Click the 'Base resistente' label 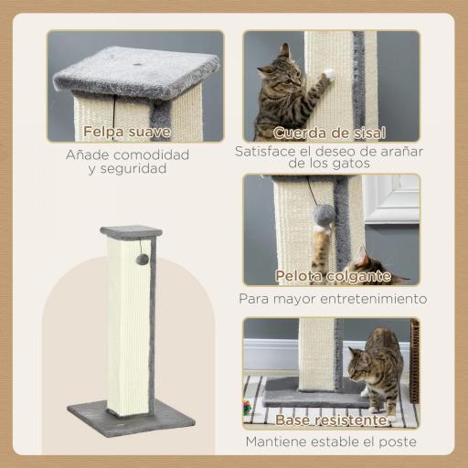(x=330, y=420)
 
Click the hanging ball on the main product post (x=143, y=260)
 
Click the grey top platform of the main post (x=131, y=231)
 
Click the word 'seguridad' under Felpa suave (x=134, y=169)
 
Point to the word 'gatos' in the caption (x=351, y=165)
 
